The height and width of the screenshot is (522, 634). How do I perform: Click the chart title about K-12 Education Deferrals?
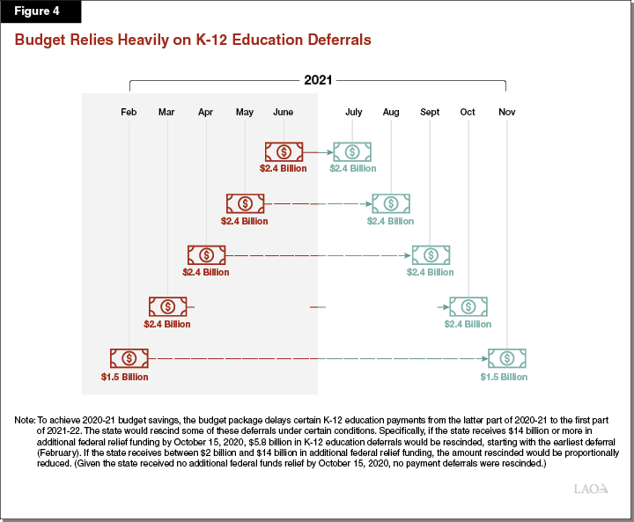(193, 40)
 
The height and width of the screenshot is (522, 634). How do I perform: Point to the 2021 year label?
(317, 80)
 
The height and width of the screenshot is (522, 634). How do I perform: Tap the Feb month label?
(129, 112)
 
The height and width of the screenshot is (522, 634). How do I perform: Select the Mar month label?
(166, 112)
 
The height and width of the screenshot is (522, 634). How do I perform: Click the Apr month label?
(205, 112)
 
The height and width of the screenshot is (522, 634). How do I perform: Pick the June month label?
(283, 112)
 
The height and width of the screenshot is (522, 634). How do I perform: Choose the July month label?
(353, 112)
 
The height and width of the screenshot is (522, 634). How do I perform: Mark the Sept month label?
(430, 112)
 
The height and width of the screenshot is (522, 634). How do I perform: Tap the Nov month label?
(507, 112)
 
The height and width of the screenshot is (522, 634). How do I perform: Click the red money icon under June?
(284, 151)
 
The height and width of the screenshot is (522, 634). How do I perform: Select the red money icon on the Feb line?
(129, 358)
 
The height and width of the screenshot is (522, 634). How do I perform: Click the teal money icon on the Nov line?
(507, 358)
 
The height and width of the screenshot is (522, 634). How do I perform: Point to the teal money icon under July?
(352, 151)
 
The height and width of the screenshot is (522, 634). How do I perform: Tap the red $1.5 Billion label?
(125, 377)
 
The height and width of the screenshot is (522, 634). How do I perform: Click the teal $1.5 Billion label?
(504, 377)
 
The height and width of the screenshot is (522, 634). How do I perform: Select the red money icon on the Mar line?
(167, 306)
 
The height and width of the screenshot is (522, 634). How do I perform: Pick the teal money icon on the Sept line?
(430, 254)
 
